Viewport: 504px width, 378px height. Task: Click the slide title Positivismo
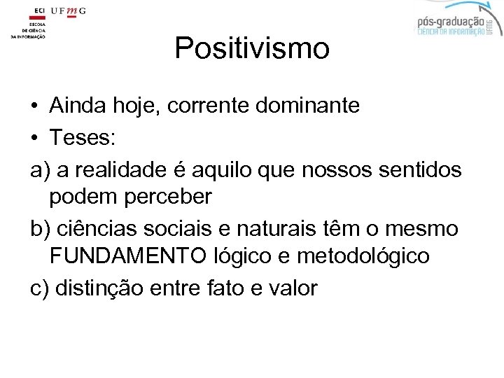(251, 48)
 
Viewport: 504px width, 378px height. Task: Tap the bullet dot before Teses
(34, 138)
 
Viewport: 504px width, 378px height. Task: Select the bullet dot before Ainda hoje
(34, 107)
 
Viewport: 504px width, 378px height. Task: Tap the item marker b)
(39, 228)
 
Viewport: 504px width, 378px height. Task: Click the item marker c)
(39, 288)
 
